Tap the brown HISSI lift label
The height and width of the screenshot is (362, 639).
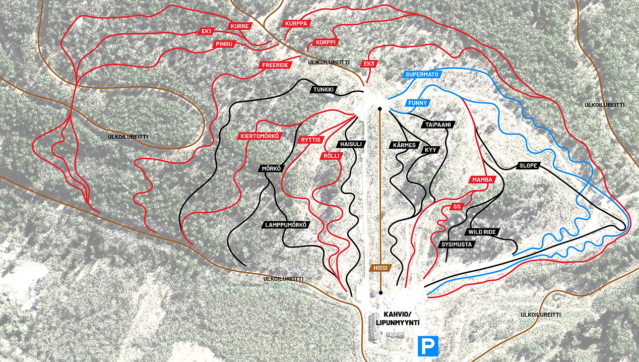[380, 268]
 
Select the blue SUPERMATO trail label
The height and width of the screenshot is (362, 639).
[423, 74]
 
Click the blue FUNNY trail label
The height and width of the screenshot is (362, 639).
[418, 103]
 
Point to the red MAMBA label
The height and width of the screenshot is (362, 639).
[482, 179]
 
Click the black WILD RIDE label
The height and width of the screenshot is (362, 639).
[482, 232]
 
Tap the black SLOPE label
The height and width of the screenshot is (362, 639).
[529, 165]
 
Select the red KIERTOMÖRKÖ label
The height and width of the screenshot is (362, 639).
[260, 136]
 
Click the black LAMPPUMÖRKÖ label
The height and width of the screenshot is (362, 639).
[286, 225]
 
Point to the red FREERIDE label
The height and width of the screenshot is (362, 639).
[275, 65]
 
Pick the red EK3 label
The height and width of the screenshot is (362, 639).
[369, 64]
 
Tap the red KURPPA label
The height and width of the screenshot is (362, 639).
[296, 24]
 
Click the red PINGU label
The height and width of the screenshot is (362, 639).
[225, 44]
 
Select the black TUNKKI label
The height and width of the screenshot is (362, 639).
[324, 90]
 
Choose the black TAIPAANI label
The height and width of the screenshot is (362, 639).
[437, 124]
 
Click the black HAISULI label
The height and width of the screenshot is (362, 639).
[351, 144]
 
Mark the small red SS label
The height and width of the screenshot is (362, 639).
[457, 207]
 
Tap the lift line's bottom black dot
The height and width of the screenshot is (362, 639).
[380, 292]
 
